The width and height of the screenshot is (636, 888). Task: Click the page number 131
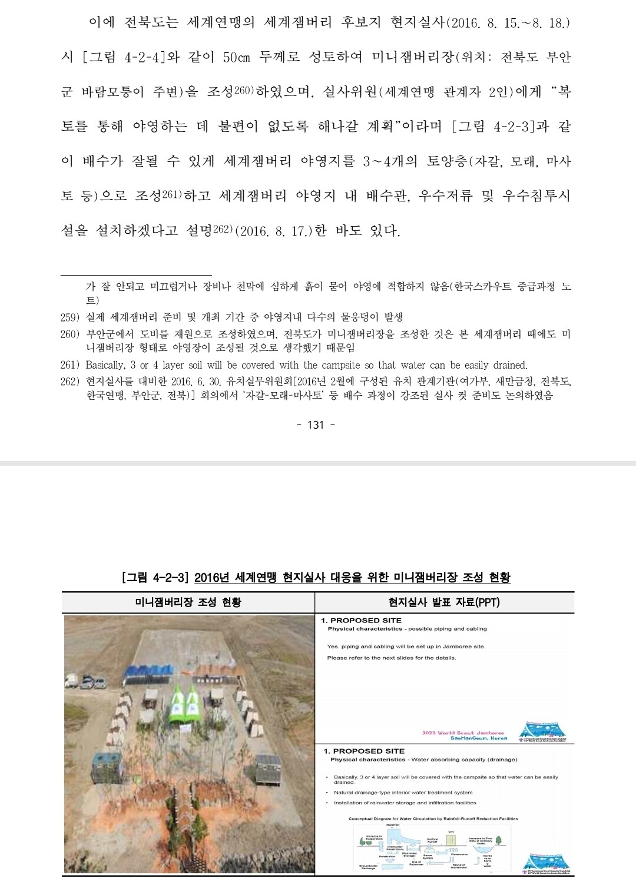[x=316, y=425]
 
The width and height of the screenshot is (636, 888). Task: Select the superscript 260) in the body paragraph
[x=243, y=91]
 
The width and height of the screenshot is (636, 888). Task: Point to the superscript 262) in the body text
[x=223, y=229]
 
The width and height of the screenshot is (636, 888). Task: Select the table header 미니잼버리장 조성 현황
[x=188, y=602]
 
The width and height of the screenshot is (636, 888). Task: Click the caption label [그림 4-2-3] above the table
[x=154, y=578]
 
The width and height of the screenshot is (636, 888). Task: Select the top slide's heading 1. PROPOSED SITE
[x=361, y=621]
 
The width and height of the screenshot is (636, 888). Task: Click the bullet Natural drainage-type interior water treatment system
[x=403, y=793]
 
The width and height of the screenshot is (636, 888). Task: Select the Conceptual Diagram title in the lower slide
[x=433, y=819]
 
